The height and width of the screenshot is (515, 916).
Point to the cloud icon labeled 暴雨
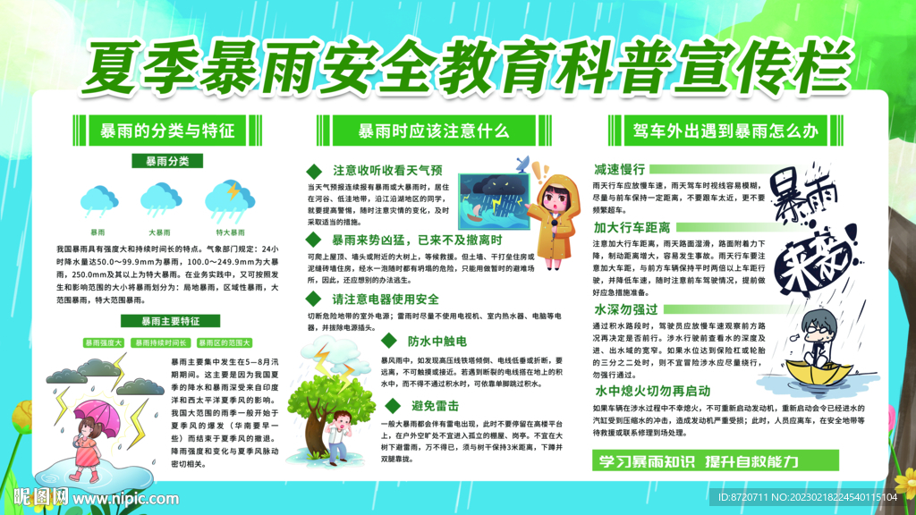98,196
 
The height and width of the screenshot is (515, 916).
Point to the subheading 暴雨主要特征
160,320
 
